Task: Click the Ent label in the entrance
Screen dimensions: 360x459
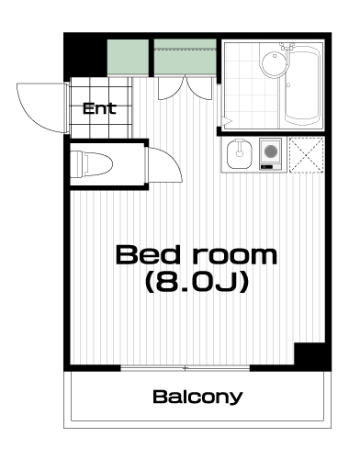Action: coord(99,108)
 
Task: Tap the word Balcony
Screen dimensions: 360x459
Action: coord(197,397)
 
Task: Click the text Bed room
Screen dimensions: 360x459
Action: coord(197,255)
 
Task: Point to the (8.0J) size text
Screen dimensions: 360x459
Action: coord(197,282)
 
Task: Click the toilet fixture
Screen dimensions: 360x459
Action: coord(91,164)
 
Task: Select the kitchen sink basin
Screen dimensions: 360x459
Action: coord(240,154)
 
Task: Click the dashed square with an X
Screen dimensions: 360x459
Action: coord(307,155)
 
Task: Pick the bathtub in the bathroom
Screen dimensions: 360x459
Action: coord(302,85)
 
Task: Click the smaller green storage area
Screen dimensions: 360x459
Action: coord(128,57)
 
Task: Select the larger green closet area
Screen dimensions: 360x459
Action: coord(185,57)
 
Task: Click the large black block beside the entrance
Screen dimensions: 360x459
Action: coord(85,57)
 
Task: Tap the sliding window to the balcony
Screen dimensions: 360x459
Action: coord(186,368)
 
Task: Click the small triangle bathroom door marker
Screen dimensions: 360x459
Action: coord(227,122)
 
